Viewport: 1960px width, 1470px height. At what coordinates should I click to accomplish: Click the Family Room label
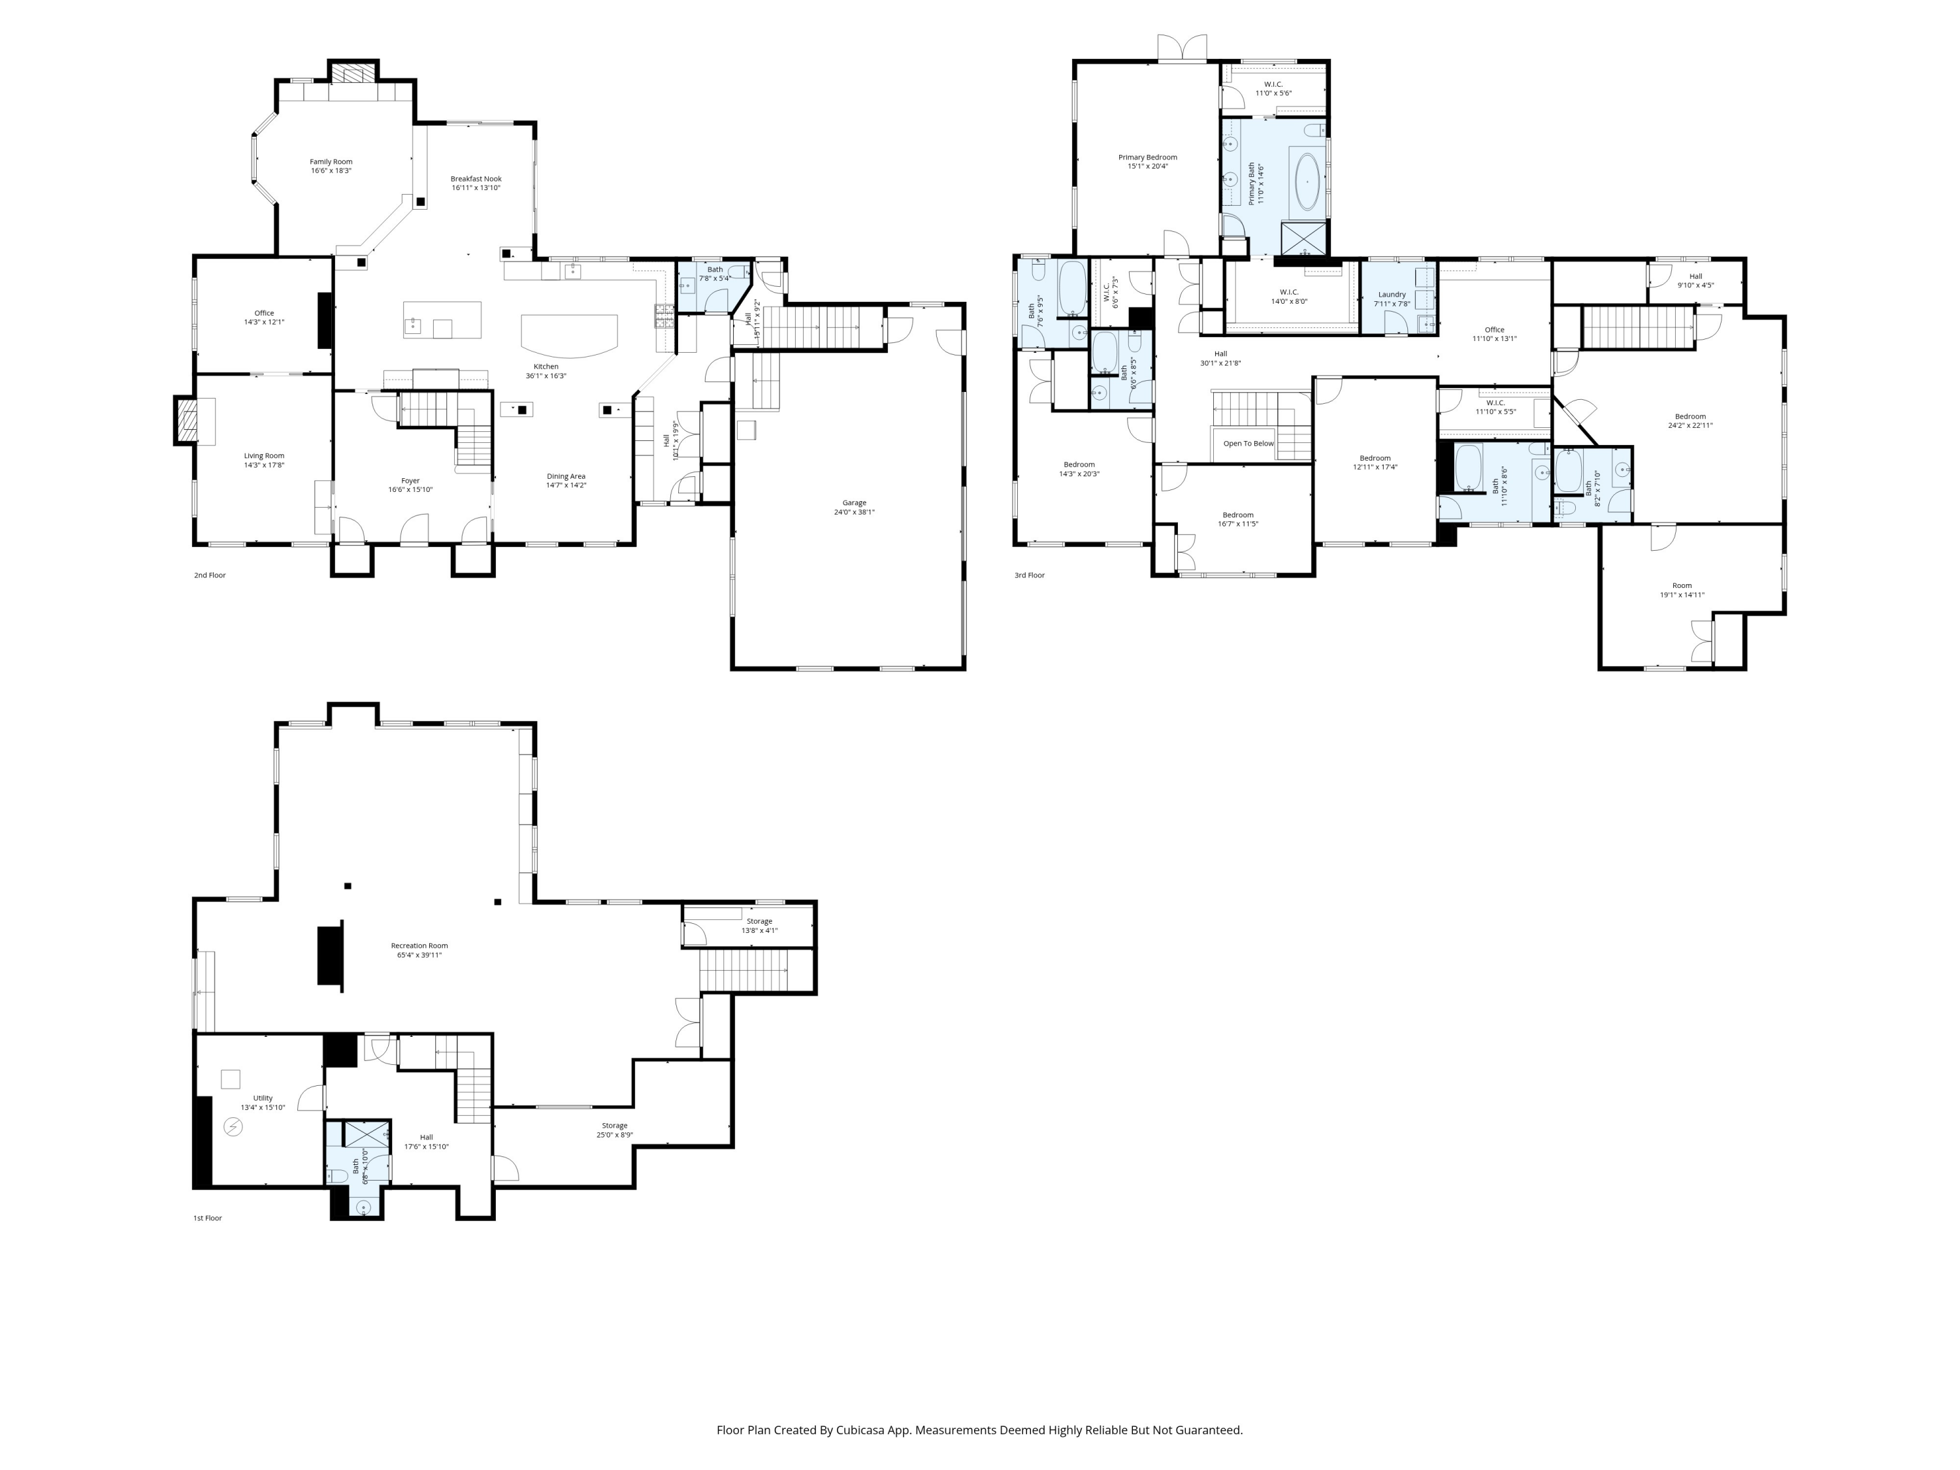(331, 162)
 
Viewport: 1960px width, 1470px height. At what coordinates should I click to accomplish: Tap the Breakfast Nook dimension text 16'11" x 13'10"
(476, 188)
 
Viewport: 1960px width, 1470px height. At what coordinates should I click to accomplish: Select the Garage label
(853, 502)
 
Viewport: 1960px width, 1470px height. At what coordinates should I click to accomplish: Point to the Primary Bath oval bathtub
(1306, 182)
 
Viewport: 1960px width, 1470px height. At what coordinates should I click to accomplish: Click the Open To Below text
(1248, 443)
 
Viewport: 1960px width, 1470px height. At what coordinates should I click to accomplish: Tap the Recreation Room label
(419, 945)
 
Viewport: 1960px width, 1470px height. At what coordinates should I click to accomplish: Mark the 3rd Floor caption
(1029, 575)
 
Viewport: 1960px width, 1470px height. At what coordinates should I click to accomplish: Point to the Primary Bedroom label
(1147, 157)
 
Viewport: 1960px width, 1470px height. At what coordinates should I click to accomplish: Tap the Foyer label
(410, 480)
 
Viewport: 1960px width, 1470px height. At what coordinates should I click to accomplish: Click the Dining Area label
(565, 476)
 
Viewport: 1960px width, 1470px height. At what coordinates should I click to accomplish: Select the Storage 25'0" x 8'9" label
(614, 1130)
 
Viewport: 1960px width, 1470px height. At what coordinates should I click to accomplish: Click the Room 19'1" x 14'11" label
(1681, 590)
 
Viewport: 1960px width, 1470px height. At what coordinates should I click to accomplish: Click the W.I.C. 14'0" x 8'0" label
(1288, 296)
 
